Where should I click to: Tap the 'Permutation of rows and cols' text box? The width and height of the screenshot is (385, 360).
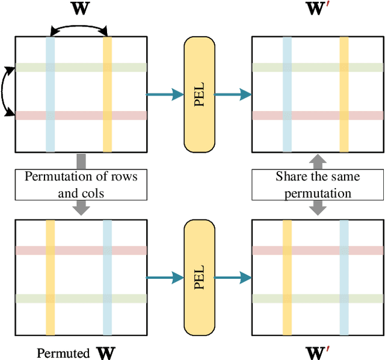pos(81,184)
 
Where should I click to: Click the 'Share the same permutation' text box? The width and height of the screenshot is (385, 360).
pos(317,184)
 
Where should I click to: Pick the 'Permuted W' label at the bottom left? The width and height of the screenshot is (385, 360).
pos(77,352)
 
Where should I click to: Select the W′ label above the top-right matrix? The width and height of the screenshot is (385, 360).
pos(318,10)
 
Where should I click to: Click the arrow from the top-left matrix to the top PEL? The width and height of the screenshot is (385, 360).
pos(165,94)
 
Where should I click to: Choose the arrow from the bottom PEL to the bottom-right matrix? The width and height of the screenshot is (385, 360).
pos(232,277)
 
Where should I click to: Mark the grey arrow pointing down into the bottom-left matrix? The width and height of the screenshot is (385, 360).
pos(81,207)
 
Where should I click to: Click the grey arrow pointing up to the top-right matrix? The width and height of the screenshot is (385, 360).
pos(317,161)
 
